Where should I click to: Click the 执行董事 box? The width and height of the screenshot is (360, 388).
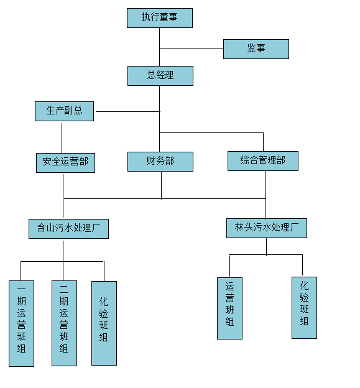pos(160,18)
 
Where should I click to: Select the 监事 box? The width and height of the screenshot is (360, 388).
pos(256,49)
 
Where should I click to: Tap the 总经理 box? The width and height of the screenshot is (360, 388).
pos(160,76)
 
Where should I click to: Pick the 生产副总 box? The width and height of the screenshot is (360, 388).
pos(64,111)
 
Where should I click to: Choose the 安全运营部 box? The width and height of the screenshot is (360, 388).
pos(65,163)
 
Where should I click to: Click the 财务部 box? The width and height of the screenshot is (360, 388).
pos(160,162)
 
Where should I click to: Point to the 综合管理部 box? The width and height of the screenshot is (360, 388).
pos(263,161)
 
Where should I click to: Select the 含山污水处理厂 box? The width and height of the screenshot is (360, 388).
pos(68,229)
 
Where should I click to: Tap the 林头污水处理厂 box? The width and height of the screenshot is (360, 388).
pos(267,228)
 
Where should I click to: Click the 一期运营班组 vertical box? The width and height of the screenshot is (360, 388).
pos(21,323)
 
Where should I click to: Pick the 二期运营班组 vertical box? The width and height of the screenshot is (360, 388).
pos(64,323)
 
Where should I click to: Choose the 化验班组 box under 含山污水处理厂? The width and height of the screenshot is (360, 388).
pos(104,323)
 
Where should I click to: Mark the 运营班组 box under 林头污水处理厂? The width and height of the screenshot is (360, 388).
pos(229,308)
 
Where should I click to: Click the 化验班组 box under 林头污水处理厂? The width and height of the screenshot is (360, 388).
pos(304,308)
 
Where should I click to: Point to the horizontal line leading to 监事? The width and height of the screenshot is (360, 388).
pos(192,48)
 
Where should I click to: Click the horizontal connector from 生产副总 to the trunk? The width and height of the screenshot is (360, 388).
pos(128,111)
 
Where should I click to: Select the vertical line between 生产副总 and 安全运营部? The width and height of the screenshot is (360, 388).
pos(62,138)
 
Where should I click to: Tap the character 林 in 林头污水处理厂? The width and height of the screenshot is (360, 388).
pos(239,227)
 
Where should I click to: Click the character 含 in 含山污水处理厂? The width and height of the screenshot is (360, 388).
pos(41,228)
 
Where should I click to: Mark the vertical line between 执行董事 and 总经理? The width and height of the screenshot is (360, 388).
pos(159,47)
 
